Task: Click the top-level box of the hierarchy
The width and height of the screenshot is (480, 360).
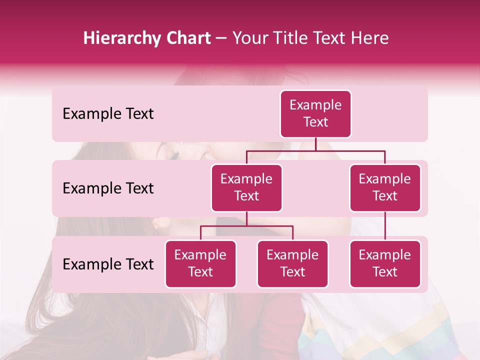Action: [x=315, y=114]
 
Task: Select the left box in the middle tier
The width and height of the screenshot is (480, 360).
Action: [x=246, y=188]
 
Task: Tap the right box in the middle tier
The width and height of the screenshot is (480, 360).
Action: [x=385, y=188]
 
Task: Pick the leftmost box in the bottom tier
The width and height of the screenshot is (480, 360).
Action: [x=200, y=264]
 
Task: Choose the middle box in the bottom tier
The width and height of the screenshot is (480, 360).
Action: [x=292, y=264]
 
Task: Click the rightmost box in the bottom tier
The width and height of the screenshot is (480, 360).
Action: [x=385, y=264]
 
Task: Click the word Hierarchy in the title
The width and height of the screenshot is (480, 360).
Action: [x=120, y=38]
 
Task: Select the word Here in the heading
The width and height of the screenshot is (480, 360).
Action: [x=371, y=38]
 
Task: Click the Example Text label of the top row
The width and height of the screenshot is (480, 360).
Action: [x=108, y=114]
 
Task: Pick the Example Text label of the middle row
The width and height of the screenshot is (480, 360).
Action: [x=108, y=188]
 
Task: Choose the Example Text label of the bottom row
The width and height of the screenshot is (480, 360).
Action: [x=108, y=264]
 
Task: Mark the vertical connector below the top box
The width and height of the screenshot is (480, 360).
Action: [x=315, y=144]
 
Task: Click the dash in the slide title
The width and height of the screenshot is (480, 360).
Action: [x=221, y=39]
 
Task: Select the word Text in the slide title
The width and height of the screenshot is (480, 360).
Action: [x=332, y=38]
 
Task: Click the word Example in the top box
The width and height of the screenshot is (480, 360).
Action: [x=315, y=105]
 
